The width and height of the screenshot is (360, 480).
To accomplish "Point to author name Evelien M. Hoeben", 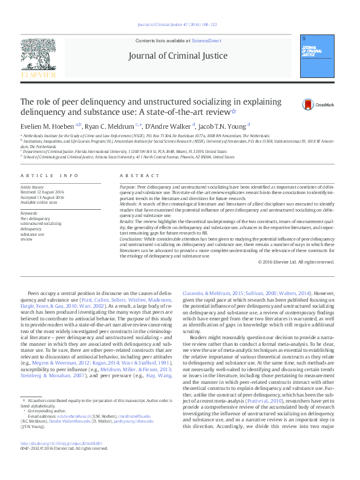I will pyautogui.click(x=44, y=126).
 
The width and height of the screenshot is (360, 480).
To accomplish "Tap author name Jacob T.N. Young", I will pyautogui.click(x=223, y=126).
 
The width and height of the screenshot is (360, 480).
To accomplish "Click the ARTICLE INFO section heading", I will pyautogui.click(x=50, y=175).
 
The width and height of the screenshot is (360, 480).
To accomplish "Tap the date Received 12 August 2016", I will pyautogui.click(x=43, y=193).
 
